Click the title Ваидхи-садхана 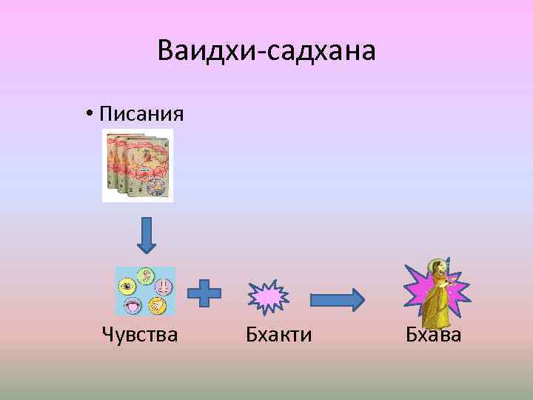[266, 51]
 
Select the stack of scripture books [138, 165]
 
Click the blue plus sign [204, 293]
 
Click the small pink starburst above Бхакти [268, 296]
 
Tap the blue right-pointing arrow [337, 299]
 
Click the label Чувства [140, 336]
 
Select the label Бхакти [278, 336]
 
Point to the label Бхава [433, 336]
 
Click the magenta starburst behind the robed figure [415, 293]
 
